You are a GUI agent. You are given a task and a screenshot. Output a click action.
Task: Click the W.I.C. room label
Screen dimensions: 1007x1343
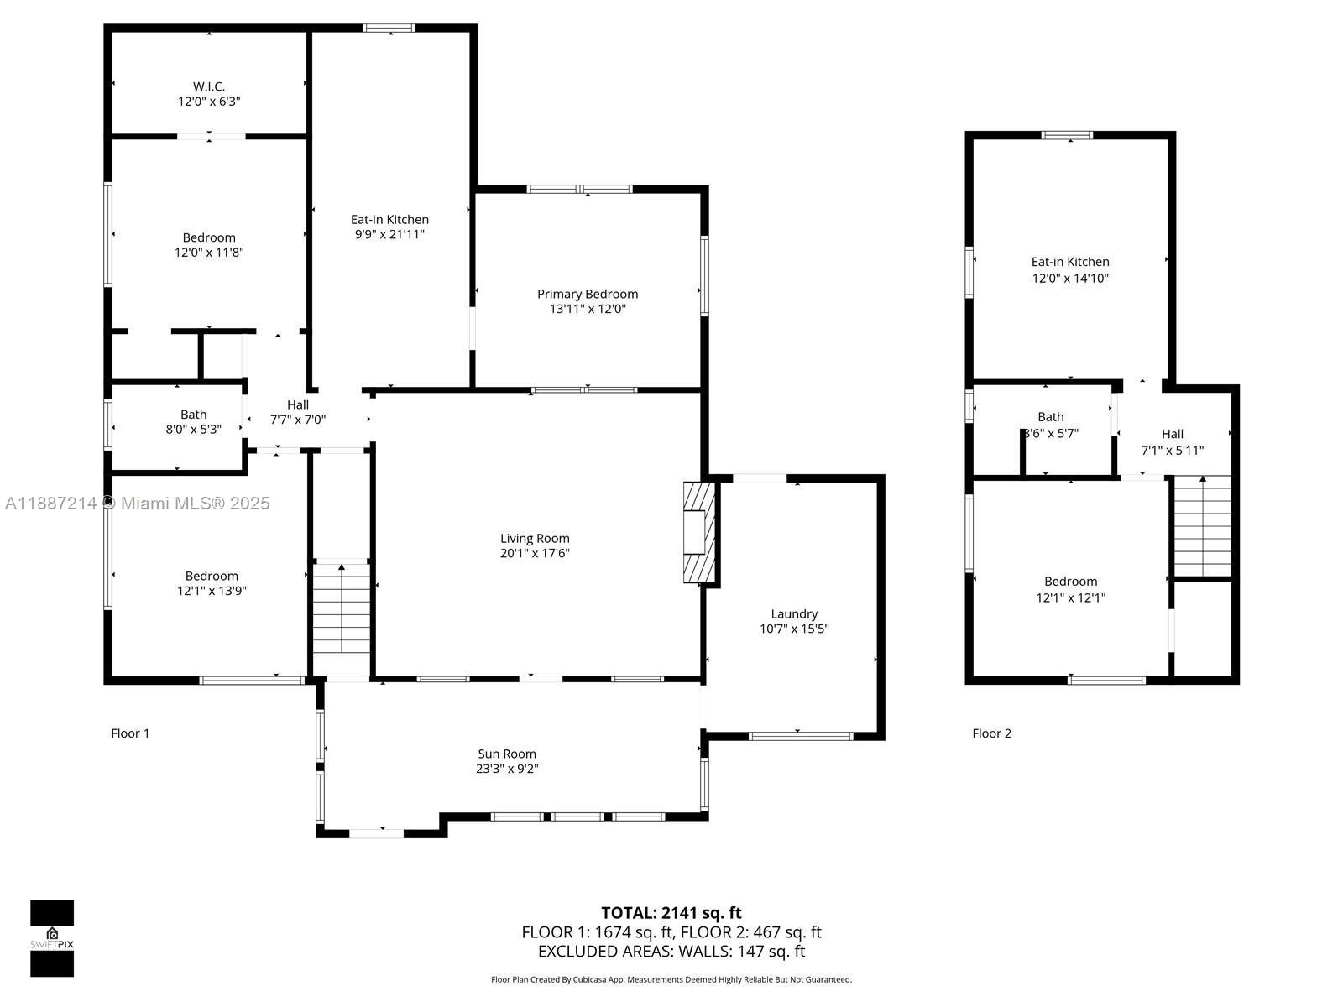click(x=209, y=86)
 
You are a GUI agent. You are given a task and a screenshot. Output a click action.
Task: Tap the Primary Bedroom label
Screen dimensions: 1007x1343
click(x=588, y=294)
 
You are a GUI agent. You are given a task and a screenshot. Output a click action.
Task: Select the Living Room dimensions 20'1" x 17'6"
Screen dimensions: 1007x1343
click(x=535, y=553)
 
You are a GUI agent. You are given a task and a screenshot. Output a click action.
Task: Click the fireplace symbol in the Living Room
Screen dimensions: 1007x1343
click(x=698, y=532)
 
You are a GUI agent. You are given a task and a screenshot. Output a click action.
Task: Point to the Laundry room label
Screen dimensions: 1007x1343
click(x=794, y=614)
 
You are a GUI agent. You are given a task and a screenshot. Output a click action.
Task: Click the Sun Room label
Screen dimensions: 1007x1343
click(x=507, y=754)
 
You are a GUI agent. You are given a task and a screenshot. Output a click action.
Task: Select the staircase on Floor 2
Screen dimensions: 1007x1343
click(x=1202, y=526)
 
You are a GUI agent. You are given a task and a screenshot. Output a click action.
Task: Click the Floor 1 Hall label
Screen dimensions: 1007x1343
click(x=298, y=404)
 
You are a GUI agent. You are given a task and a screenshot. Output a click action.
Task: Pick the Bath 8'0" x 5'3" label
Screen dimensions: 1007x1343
click(x=193, y=421)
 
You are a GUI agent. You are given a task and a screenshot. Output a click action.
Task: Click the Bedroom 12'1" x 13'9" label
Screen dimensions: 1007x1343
click(x=212, y=583)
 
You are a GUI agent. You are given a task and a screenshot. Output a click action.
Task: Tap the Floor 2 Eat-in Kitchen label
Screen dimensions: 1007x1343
click(x=1070, y=262)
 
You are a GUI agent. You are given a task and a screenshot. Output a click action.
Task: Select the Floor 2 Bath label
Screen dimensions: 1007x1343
click(x=1051, y=417)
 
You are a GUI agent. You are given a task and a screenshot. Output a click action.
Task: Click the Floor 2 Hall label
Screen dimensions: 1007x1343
click(x=1173, y=434)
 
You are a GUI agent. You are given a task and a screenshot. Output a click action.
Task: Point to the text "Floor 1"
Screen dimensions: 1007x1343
click(x=130, y=733)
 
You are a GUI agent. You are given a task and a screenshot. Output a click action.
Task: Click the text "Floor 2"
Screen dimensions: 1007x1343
click(x=991, y=733)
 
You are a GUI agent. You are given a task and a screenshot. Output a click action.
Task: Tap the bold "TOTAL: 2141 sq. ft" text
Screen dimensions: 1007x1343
click(x=671, y=913)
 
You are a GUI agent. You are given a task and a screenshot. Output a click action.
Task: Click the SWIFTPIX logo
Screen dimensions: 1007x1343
click(x=52, y=938)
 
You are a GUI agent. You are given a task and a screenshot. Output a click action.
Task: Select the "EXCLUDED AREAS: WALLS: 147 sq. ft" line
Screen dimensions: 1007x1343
click(x=671, y=952)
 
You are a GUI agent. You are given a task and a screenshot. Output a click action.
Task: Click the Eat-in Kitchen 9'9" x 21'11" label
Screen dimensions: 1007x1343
click(x=389, y=227)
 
